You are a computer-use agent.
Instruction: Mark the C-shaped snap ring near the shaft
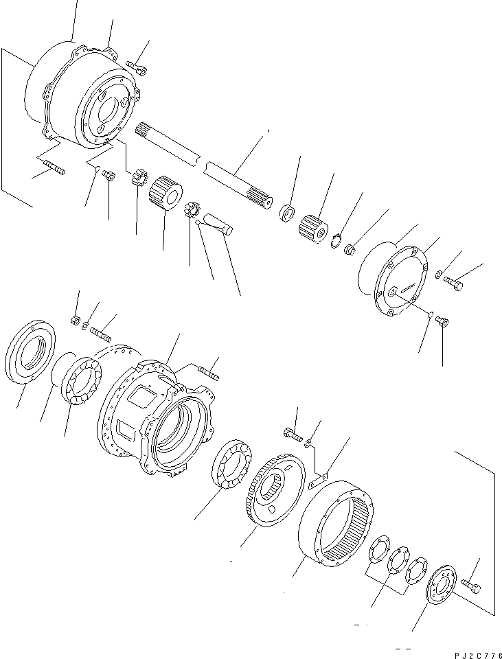336,240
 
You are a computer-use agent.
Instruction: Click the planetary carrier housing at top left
89,96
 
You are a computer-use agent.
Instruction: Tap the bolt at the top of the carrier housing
138,67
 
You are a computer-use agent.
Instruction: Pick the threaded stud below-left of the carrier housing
54,168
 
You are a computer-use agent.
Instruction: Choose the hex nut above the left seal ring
76,319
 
